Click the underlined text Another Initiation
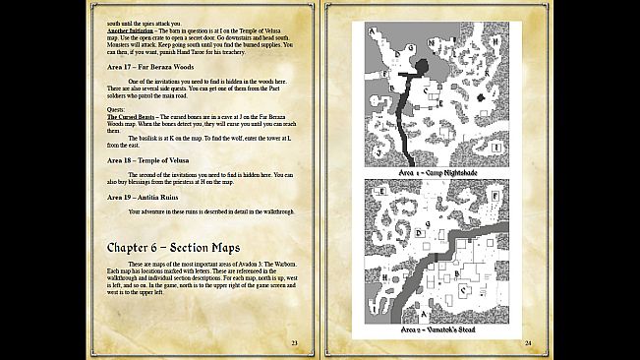[137, 31]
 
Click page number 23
[294, 341]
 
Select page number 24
[528, 341]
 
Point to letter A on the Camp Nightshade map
[373, 30]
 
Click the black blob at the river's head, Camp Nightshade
[422, 67]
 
